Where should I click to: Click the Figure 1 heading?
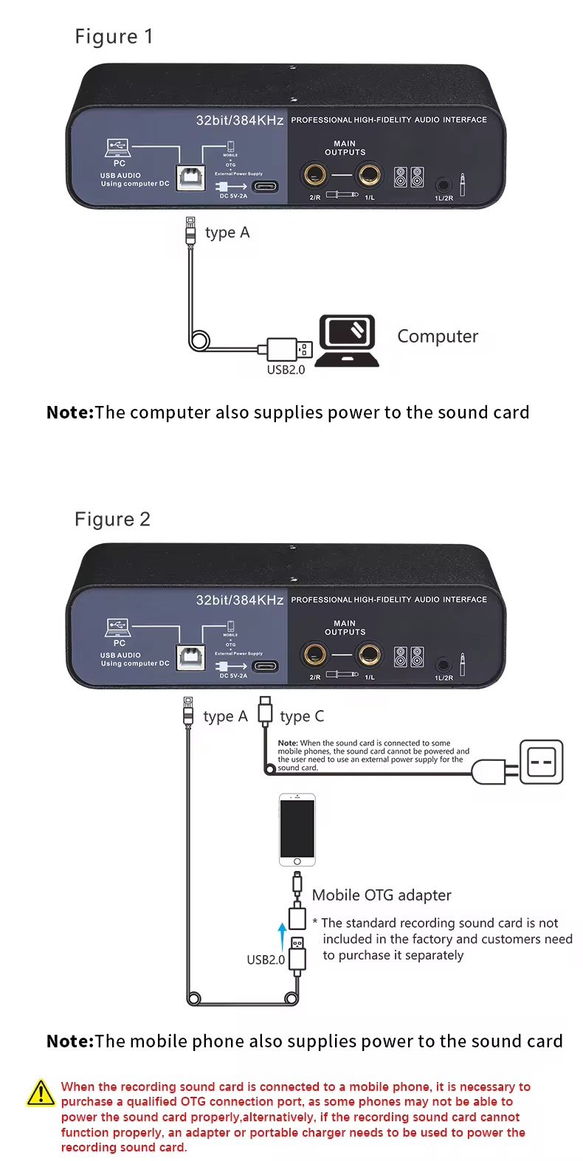(x=114, y=37)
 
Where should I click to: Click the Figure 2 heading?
(x=112, y=520)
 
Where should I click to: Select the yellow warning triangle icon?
(x=41, y=1094)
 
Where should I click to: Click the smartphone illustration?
(x=297, y=830)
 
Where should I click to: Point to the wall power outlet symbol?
(x=541, y=762)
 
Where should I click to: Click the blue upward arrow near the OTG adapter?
(x=282, y=937)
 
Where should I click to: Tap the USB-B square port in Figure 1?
(x=190, y=176)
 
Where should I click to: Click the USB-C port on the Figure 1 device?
(x=266, y=186)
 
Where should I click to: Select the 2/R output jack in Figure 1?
(x=314, y=176)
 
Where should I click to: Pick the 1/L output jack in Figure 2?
(x=369, y=655)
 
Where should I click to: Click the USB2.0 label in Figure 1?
(x=286, y=370)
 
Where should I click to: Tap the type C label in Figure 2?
(x=302, y=717)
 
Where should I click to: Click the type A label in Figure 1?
(x=227, y=233)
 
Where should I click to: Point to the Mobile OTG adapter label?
(x=382, y=895)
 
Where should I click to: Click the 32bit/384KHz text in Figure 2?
(x=240, y=600)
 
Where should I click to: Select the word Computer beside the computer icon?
(x=438, y=337)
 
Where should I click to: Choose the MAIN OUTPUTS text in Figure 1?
(x=345, y=148)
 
